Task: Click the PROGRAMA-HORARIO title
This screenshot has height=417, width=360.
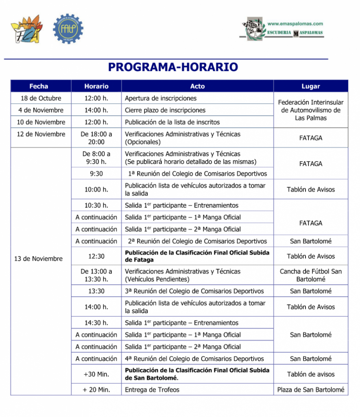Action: point(173,67)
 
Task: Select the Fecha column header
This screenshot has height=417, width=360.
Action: point(39,86)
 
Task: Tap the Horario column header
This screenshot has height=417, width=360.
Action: point(96,86)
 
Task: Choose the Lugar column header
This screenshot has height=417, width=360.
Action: point(311,86)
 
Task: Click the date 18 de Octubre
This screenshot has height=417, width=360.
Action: point(41,98)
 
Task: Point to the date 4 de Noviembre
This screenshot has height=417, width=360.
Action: point(41,110)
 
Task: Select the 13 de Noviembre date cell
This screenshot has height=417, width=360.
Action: point(39,259)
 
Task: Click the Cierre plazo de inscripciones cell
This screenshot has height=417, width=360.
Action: point(165,110)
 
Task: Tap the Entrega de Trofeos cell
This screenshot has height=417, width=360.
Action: point(152,390)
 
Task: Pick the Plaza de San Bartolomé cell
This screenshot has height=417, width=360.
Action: point(311,390)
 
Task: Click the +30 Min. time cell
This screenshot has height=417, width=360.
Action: point(96,374)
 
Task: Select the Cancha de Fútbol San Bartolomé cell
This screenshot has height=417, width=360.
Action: point(311,275)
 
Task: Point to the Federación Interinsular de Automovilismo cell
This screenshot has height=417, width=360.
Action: point(311,110)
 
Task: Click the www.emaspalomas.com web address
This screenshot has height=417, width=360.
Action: point(295,24)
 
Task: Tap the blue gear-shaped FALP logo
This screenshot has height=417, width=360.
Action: point(68,29)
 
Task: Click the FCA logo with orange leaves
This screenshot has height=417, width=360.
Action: point(26,29)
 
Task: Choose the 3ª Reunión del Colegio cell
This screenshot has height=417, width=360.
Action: point(194,291)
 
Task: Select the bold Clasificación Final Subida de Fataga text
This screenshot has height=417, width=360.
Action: point(197,256)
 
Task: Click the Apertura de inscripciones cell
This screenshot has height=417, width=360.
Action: point(161,98)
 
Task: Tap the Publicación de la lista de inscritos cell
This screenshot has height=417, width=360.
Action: point(172,122)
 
